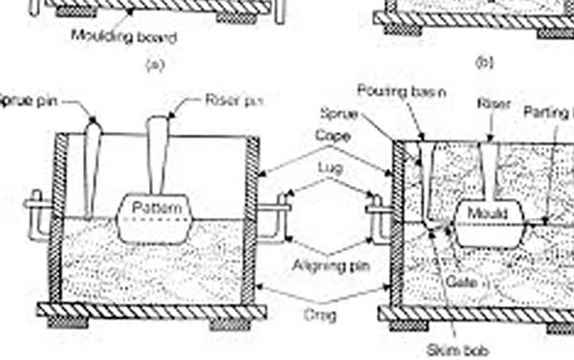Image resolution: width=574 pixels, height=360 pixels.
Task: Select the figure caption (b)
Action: click(483, 63)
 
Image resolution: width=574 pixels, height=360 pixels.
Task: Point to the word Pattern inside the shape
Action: click(153, 208)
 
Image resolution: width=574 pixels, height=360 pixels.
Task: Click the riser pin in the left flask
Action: click(158, 158)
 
